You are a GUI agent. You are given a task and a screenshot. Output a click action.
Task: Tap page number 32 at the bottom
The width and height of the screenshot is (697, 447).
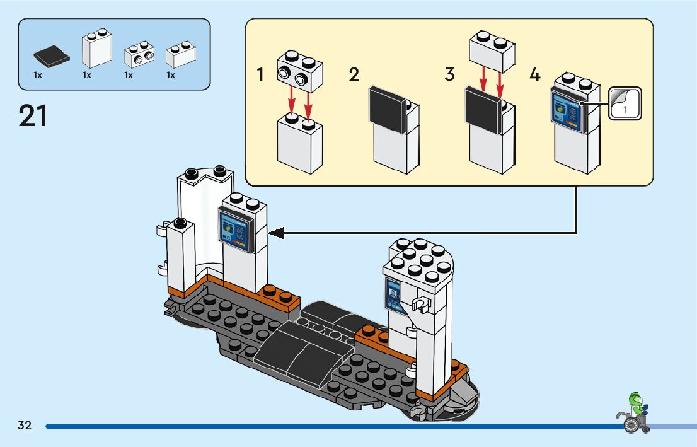click(25, 426)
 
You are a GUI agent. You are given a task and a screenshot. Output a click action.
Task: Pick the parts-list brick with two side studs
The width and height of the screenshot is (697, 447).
click(139, 55)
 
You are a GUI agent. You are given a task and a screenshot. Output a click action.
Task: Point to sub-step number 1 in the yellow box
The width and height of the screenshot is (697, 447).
click(260, 75)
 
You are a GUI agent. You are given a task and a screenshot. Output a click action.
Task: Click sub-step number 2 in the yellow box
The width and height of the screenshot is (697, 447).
click(354, 75)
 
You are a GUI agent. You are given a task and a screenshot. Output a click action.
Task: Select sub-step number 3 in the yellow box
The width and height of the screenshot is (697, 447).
click(449, 75)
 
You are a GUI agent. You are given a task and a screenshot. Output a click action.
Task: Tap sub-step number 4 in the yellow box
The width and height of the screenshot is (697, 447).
click(534, 75)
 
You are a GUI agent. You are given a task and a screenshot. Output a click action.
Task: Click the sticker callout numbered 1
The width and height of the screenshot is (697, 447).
click(625, 103)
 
